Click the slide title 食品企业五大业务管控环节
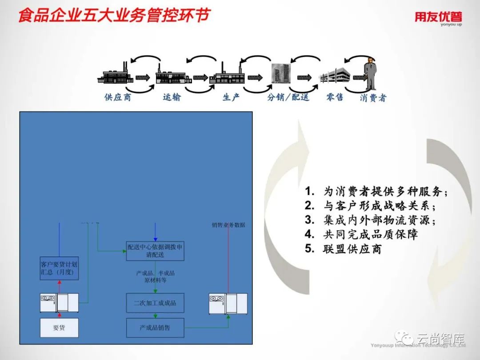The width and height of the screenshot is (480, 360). pos(113,16)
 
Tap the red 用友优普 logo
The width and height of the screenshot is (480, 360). pos(438,18)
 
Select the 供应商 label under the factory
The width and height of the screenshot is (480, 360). pos(118,97)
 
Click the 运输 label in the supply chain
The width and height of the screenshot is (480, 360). pos(172,97)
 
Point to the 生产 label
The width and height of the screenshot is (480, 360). pos(231,97)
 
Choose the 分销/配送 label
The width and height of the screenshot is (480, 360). pos(288,97)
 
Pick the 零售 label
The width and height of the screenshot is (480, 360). pos(335,97)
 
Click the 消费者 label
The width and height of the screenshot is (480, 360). pos(373,97)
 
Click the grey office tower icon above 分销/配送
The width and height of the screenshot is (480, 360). pos(280,73)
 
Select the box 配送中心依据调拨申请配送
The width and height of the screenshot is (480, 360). pos(155,251)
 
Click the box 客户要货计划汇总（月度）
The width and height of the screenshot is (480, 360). pos(59,268)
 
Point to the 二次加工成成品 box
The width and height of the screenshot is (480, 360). pos(155,303)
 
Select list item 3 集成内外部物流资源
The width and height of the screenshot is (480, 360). pos(370,220)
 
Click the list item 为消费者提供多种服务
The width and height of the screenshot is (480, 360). pos(376,192)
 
